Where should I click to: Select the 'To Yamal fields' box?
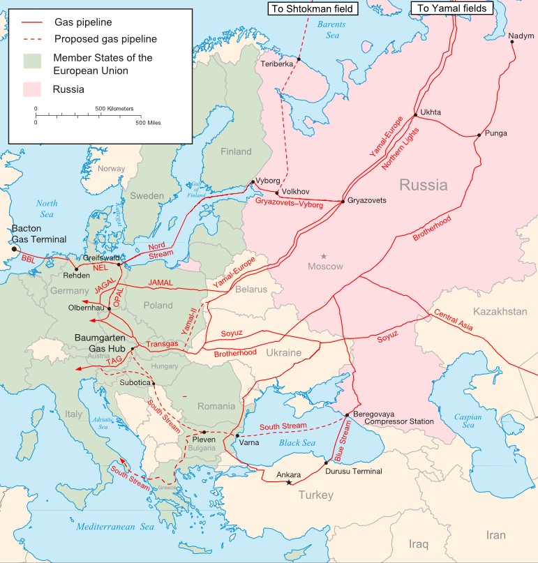click(451, 8)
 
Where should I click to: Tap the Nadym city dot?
click(513, 42)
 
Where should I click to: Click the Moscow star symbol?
click(324, 257)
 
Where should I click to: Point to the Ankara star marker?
click(289, 483)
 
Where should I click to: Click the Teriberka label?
click(277, 63)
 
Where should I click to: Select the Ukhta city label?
click(431, 112)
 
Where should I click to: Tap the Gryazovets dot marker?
click(343, 202)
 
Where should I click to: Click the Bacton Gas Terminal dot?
click(13, 248)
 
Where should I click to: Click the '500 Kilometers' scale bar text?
click(114, 109)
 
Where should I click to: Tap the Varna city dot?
click(237, 435)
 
